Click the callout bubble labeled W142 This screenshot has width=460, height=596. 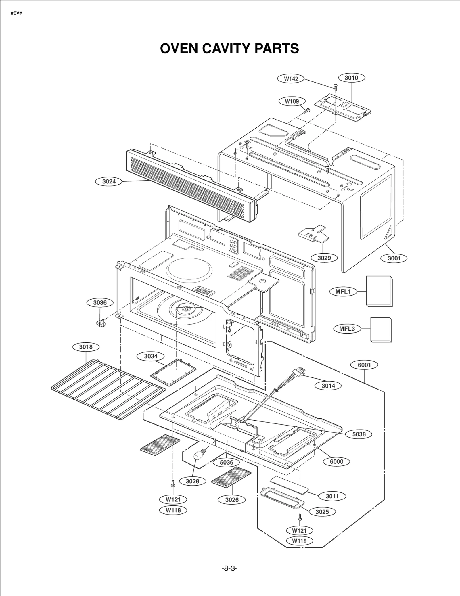tap(291, 79)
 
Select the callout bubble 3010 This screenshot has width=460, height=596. tap(351, 78)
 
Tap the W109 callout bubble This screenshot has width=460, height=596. tap(292, 101)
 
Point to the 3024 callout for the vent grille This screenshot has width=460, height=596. tap(109, 181)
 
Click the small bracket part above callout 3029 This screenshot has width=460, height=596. tap(313, 234)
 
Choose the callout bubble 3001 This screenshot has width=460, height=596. tap(394, 258)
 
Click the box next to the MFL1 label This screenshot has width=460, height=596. tap(379, 291)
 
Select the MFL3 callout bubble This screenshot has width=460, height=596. tap(347, 329)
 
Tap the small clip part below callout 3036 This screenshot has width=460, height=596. tap(100, 323)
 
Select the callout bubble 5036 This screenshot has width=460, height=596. tap(227, 462)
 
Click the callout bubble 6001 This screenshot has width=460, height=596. tap(364, 365)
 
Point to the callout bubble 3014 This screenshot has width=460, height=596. tap(328, 386)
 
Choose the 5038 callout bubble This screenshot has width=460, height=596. tap(359, 434)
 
